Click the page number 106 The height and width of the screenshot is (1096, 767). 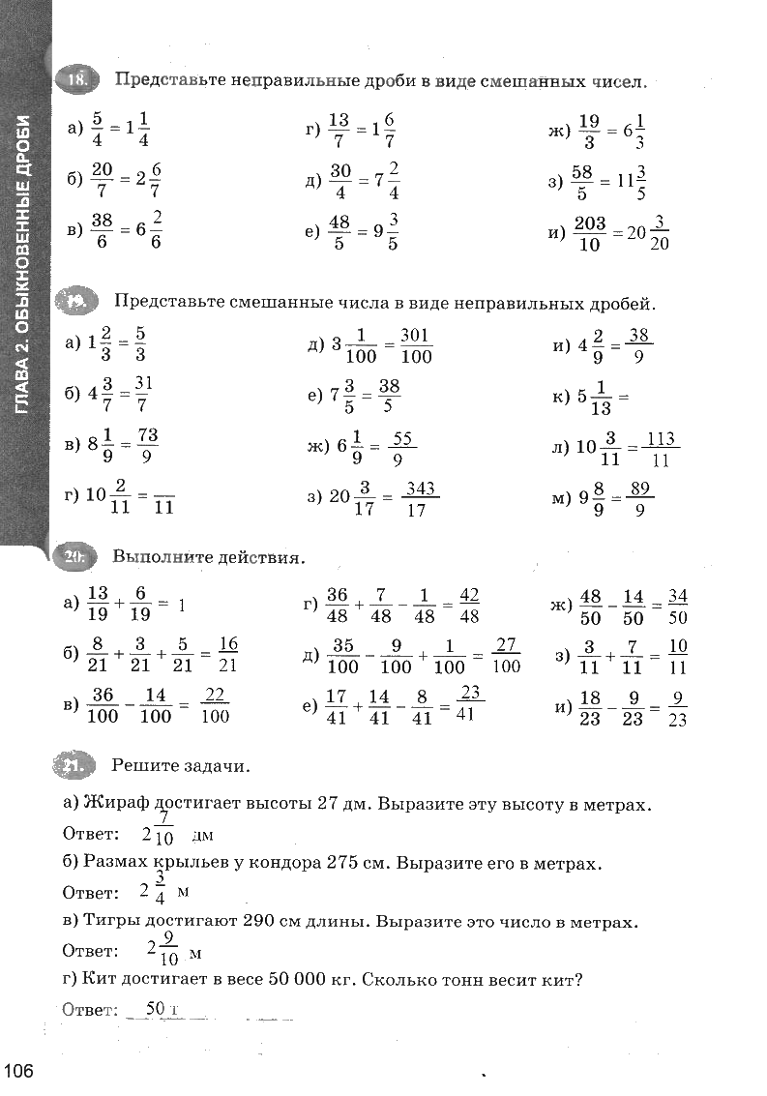click(19, 1071)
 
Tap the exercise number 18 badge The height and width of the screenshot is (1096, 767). click(76, 80)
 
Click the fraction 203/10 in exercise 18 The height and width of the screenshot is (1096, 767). click(589, 234)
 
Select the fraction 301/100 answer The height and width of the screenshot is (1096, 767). click(415, 345)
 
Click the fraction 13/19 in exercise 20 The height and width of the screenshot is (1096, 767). click(99, 604)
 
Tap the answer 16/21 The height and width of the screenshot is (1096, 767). click(228, 654)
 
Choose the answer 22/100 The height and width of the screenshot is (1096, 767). click(216, 705)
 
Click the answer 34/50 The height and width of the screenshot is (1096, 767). click(677, 606)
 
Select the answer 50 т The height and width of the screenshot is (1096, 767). click(162, 1009)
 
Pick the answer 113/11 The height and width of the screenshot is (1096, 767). click(661, 450)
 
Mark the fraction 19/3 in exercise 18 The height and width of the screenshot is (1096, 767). click(589, 133)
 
